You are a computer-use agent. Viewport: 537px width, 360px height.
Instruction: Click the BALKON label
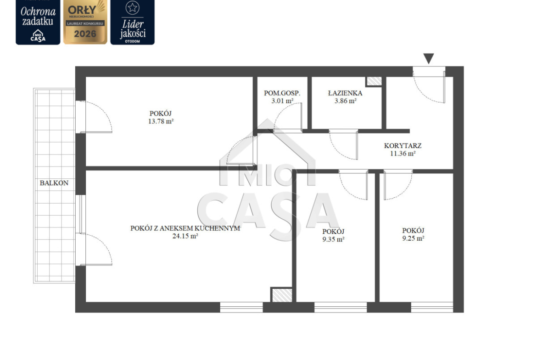(54, 183)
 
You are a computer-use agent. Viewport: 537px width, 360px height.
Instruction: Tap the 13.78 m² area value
(161, 121)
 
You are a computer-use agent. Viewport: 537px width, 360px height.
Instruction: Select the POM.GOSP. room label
(282, 93)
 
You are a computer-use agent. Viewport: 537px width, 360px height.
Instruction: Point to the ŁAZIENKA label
(345, 93)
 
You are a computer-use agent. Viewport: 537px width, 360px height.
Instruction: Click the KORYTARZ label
(403, 145)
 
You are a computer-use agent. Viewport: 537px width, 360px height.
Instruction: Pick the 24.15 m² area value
(185, 236)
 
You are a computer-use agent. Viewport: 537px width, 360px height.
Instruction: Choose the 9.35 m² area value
(333, 239)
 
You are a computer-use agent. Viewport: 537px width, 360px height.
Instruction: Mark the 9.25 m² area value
(414, 238)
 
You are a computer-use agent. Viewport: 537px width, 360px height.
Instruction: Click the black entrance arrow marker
(429, 58)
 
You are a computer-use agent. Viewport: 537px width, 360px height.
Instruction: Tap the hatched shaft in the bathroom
(374, 81)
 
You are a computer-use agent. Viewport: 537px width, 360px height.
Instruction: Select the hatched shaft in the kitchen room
(282, 295)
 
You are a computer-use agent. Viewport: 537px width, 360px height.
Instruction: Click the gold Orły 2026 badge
(85, 22)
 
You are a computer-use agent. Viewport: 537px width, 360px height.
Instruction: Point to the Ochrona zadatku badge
(38, 22)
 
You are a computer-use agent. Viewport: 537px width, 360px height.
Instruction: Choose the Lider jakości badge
(133, 22)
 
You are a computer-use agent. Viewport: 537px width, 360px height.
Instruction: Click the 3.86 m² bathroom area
(346, 101)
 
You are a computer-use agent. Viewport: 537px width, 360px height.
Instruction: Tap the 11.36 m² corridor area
(403, 153)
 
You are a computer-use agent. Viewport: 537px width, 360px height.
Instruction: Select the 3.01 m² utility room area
(282, 101)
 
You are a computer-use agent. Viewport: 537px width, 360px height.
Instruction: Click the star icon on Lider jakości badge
(133, 7)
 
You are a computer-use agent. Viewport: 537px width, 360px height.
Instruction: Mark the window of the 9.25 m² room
(432, 307)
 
